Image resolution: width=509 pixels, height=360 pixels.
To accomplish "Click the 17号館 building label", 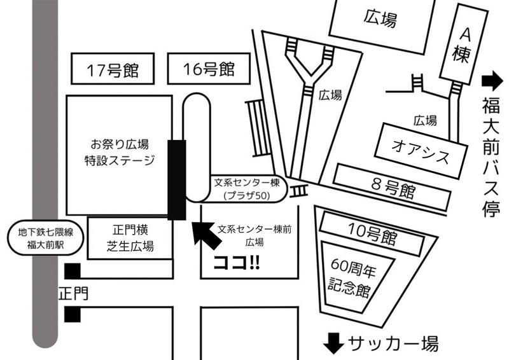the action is tap(114, 69).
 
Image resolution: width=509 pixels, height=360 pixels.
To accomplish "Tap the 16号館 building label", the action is tap(208, 69).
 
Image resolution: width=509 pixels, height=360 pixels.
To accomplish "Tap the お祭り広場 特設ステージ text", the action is tap(119, 151).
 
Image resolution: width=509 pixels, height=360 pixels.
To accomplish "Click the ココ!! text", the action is tap(236, 262).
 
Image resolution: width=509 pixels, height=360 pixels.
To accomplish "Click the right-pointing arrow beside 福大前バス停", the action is tap(491, 81).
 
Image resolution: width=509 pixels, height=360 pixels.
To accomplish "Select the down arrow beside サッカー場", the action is tap(332, 344).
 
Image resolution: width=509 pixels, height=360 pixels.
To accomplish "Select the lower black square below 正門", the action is tap(72, 314).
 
